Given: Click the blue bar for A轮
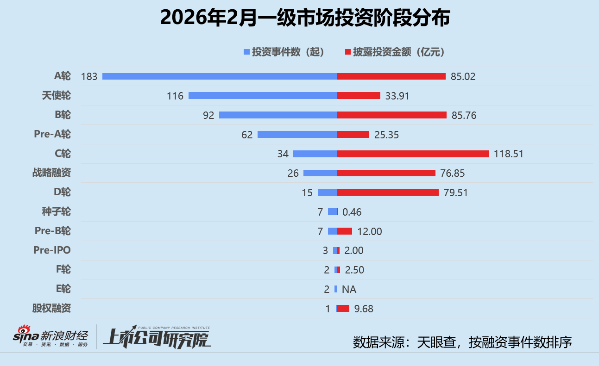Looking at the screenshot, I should [219, 76].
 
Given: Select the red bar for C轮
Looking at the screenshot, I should [413, 154].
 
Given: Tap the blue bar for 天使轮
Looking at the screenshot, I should [262, 96].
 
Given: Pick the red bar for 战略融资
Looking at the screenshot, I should [386, 173].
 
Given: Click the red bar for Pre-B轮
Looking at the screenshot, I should [345, 231].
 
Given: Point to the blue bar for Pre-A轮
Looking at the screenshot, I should [297, 135].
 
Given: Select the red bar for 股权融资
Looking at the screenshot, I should [343, 308].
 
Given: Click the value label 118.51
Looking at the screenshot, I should [508, 154].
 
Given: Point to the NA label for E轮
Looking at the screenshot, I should [349, 289].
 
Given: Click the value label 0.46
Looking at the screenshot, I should [352, 212].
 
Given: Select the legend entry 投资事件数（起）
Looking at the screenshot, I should [284, 52].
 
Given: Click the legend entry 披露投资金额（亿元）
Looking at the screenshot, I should [395, 52].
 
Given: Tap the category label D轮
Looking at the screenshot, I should [63, 192].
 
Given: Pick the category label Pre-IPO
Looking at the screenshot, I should [52, 250].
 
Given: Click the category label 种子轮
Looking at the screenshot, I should [56, 211].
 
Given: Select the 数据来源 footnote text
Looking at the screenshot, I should [462, 342].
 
